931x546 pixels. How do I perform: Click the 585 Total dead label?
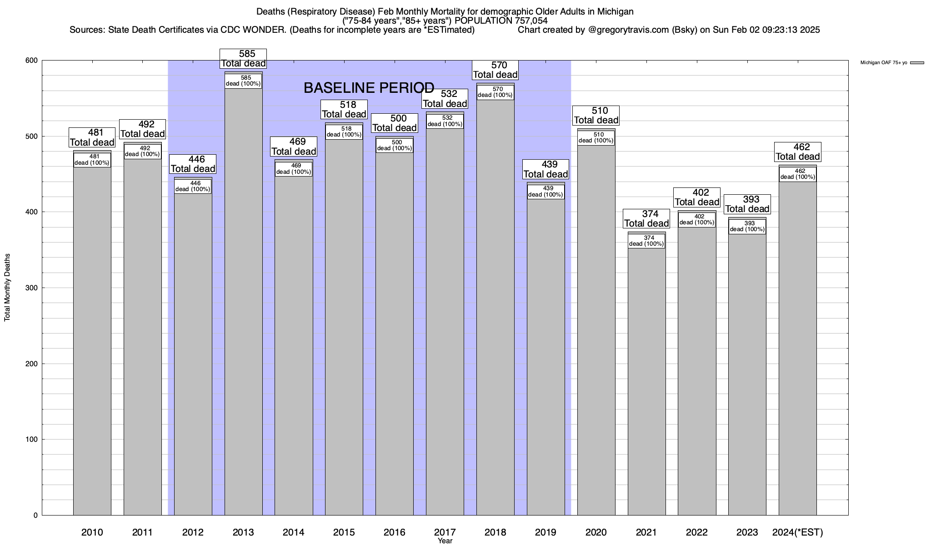(243, 59)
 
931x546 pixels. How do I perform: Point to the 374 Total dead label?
(646, 219)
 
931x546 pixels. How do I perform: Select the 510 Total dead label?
(596, 116)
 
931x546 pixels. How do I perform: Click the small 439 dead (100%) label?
(546, 192)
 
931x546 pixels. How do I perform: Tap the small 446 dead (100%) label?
(193, 187)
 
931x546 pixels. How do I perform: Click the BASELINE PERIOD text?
(369, 88)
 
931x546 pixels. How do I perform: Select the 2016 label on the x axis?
(394, 532)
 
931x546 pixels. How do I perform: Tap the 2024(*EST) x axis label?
(797, 532)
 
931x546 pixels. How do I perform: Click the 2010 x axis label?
(92, 532)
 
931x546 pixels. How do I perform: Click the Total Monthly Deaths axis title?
(7, 288)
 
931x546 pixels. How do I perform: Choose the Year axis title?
(445, 541)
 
